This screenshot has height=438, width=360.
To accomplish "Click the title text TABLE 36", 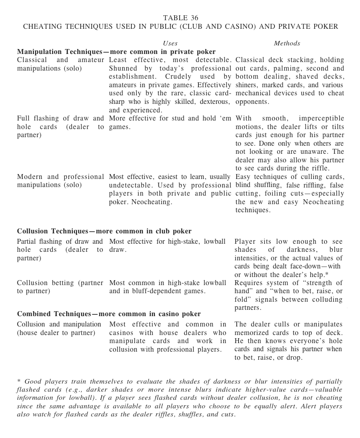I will (180, 18).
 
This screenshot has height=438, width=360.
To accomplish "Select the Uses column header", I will (169, 43).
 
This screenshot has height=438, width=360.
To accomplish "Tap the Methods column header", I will (287, 43).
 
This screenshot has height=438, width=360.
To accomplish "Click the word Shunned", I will (124, 68).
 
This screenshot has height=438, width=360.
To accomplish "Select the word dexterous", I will (211, 102).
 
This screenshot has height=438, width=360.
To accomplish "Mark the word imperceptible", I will (321, 119).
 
